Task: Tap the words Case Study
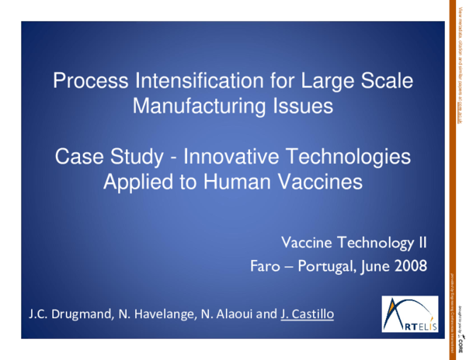tap(106, 158)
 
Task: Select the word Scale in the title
tap(381, 80)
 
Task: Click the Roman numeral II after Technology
tap(422, 244)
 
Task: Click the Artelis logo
tap(409, 314)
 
